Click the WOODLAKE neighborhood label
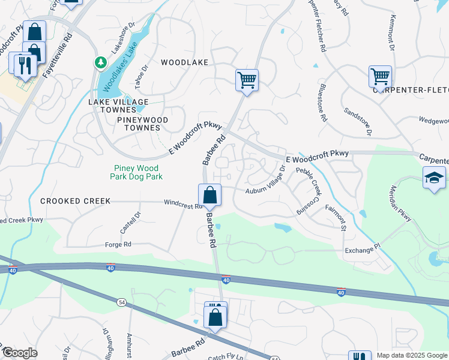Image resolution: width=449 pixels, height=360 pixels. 184,62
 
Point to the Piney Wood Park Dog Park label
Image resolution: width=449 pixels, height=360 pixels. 137,172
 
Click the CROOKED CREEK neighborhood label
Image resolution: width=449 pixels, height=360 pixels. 75,201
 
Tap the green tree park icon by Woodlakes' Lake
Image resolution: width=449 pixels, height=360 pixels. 101,62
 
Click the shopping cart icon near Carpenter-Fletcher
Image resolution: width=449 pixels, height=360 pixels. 379,77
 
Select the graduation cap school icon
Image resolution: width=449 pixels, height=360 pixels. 434,178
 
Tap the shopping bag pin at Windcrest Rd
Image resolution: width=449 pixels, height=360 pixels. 209,195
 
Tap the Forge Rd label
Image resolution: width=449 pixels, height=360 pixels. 119,244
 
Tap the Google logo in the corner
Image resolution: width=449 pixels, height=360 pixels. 20,353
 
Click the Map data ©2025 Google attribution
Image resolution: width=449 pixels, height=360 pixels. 412,355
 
